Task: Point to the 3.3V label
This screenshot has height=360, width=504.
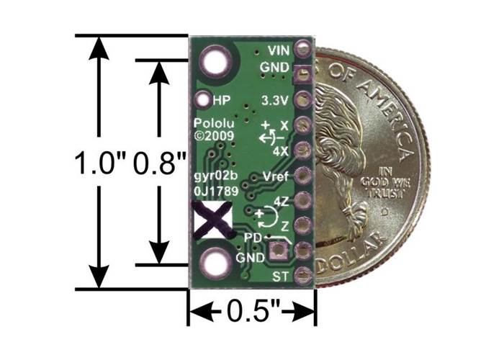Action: pyautogui.click(x=276, y=99)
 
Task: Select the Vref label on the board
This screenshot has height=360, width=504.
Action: pyautogui.click(x=277, y=176)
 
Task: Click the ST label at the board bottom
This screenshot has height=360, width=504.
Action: pyautogui.click(x=282, y=276)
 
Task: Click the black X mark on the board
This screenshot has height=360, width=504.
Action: pyautogui.click(x=212, y=219)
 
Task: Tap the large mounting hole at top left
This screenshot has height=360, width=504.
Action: pyautogui.click(x=215, y=60)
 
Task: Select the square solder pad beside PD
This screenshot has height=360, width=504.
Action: pyautogui.click(x=276, y=251)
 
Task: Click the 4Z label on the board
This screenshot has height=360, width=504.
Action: pyautogui.click(x=282, y=199)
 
